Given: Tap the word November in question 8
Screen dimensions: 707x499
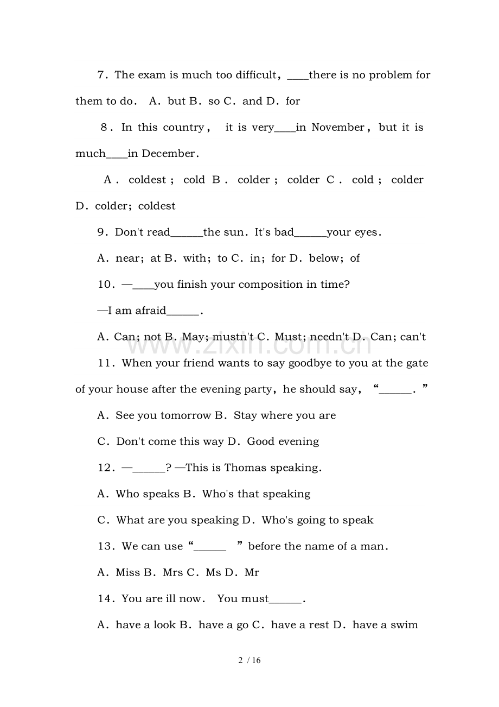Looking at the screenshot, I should pyautogui.click(x=337, y=128).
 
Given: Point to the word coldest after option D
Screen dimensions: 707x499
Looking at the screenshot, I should pyautogui.click(x=157, y=206).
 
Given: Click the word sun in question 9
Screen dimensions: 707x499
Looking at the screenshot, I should pyautogui.click(x=234, y=232).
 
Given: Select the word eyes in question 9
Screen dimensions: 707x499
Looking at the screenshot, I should pyautogui.click(x=366, y=232).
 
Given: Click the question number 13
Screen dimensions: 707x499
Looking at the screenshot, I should pyautogui.click(x=105, y=547).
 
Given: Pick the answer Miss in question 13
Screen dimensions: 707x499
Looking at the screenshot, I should pyautogui.click(x=127, y=573).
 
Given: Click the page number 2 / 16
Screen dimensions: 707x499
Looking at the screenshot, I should pyautogui.click(x=250, y=661).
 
